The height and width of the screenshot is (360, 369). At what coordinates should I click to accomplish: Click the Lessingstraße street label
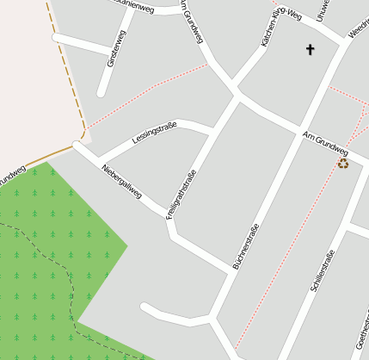coord(155,133)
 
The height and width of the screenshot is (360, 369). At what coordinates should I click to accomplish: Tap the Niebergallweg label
coord(121,180)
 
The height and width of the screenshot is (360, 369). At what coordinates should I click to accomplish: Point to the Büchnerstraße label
coord(246,246)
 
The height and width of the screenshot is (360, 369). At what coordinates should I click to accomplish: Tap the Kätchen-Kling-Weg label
coord(280,28)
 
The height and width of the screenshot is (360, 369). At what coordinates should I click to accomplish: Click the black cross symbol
coord(310,50)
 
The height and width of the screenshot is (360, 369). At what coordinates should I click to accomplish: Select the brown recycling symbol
coord(343,163)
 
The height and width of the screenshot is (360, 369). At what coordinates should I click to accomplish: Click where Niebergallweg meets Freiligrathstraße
coord(169,215)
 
